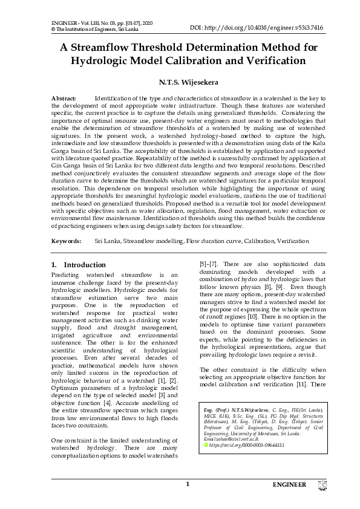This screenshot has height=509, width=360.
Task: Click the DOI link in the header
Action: tap(257, 28)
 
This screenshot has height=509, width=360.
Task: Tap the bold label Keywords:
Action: tap(67, 241)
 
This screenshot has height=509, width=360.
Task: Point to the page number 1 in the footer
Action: tap(188, 484)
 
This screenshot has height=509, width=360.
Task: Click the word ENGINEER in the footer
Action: tap(293, 485)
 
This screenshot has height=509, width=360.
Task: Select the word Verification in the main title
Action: tap(264, 61)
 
